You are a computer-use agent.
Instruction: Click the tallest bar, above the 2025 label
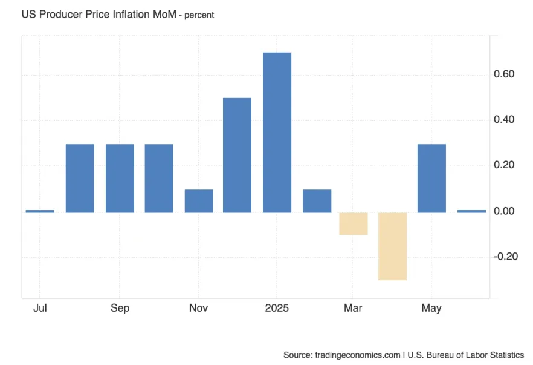click(277, 133)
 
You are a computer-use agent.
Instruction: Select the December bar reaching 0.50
click(237, 155)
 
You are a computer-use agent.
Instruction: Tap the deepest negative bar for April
click(392, 246)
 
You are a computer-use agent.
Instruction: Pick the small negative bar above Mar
click(353, 223)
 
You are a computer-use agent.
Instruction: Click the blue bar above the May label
click(431, 178)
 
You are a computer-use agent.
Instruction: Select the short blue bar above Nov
click(199, 201)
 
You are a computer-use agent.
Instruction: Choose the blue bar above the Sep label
click(120, 178)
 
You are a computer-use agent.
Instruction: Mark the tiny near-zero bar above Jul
click(40, 211)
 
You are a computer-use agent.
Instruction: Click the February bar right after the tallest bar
click(317, 201)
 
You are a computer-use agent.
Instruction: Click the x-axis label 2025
click(277, 308)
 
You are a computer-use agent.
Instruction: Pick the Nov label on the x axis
click(198, 308)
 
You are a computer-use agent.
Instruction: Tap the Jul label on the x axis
click(40, 308)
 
